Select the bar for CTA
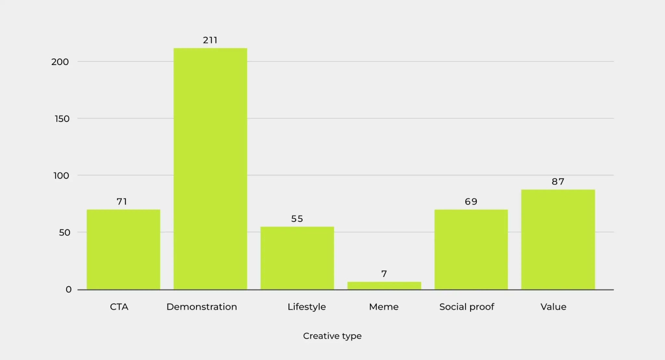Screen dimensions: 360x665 tap(123, 249)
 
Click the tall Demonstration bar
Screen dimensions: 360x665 tap(210, 169)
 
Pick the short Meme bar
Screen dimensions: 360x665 tap(384, 285)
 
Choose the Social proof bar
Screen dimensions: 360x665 tap(471, 249)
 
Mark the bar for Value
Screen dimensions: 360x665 tap(558, 239)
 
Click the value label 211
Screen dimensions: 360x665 tap(210, 40)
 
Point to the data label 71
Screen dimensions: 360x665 tap(122, 202)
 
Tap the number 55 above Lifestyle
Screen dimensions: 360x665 tap(297, 219)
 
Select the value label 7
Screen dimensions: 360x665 tap(384, 274)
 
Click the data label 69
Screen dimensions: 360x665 tap(471, 202)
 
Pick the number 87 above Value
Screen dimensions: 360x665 tap(558, 182)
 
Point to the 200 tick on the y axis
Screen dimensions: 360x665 tap(60, 62)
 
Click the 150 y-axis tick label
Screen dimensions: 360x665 tap(62, 119)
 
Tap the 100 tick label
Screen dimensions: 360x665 tap(61, 176)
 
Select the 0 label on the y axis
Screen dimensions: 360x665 tap(69, 289)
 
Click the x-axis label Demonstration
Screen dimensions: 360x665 tap(202, 307)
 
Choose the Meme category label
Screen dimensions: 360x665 tap(384, 307)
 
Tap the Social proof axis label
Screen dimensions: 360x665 tap(467, 307)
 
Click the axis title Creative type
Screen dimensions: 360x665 tap(332, 336)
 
